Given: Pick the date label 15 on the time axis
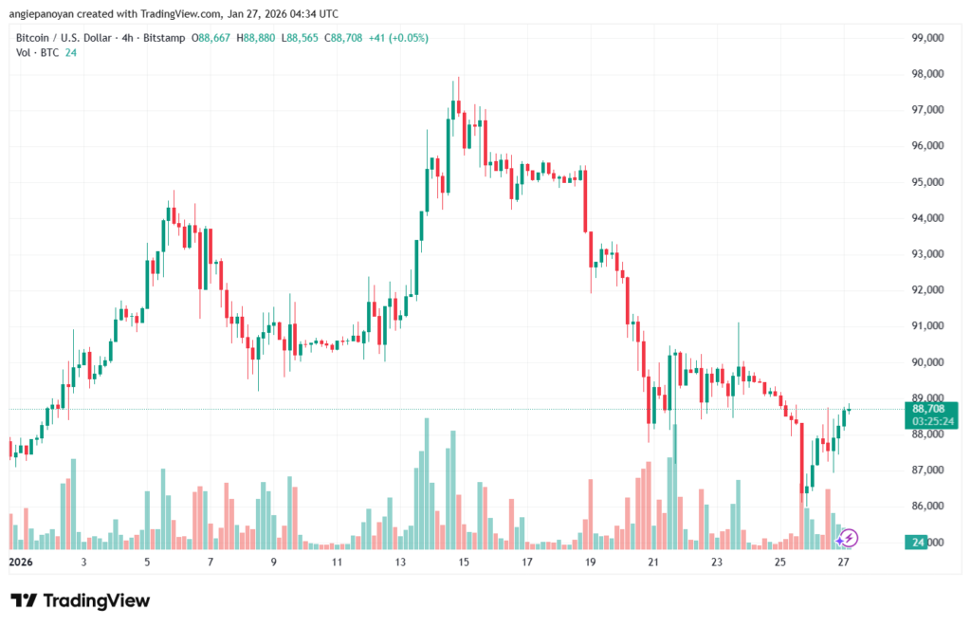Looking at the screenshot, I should [x=464, y=562].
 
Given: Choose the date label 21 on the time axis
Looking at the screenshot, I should [x=653, y=562].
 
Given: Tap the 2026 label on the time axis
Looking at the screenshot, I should [x=20, y=562].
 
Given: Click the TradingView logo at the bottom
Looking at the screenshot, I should [x=81, y=600].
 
